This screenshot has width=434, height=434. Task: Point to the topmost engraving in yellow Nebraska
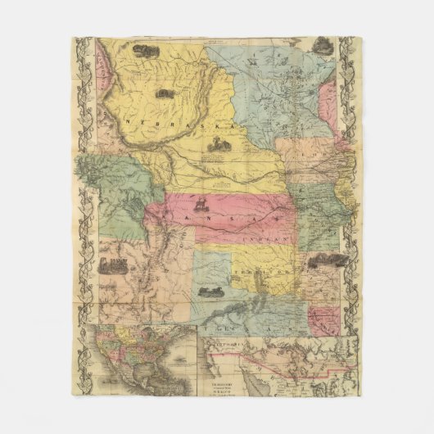146,52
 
